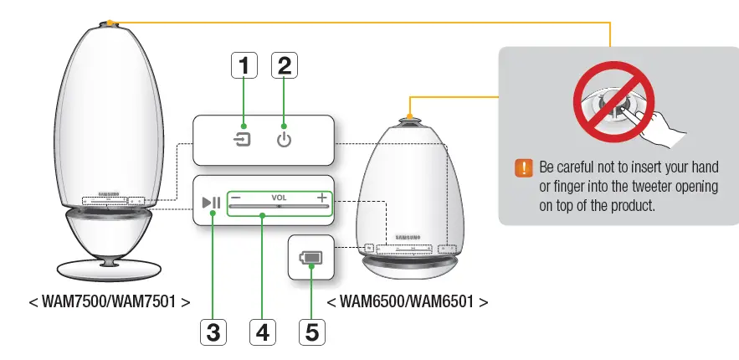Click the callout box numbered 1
(x=243, y=65)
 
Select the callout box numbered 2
(x=284, y=65)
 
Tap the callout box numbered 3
(x=213, y=332)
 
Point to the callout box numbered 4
(x=263, y=332)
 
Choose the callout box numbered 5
(x=311, y=332)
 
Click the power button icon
(x=285, y=139)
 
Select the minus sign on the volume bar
(x=236, y=198)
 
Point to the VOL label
(x=279, y=198)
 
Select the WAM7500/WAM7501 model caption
(x=109, y=301)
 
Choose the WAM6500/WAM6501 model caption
(x=407, y=301)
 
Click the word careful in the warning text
(x=582, y=167)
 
